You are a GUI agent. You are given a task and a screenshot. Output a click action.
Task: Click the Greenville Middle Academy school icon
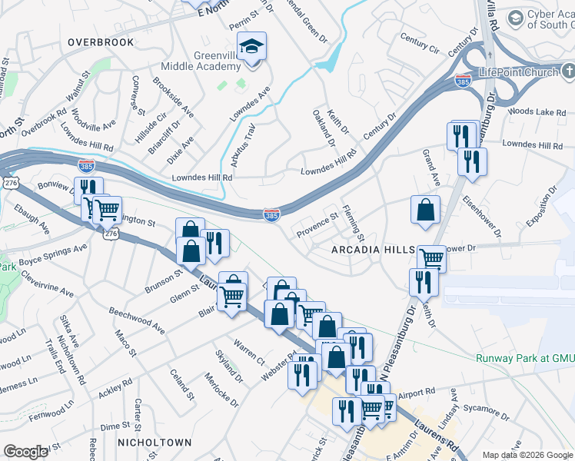click(251, 48)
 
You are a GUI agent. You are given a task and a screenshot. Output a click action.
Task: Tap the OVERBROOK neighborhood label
click(100, 42)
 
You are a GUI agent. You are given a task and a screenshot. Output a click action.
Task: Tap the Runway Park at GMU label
click(524, 358)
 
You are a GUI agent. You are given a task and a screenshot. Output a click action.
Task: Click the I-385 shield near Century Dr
click(463, 79)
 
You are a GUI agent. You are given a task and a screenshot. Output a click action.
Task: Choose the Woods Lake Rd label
click(537, 112)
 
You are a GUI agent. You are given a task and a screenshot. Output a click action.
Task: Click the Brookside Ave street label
click(173, 97)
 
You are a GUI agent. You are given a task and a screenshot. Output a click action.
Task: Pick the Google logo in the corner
click(25, 452)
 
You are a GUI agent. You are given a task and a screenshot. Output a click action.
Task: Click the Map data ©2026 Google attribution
click(527, 455)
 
